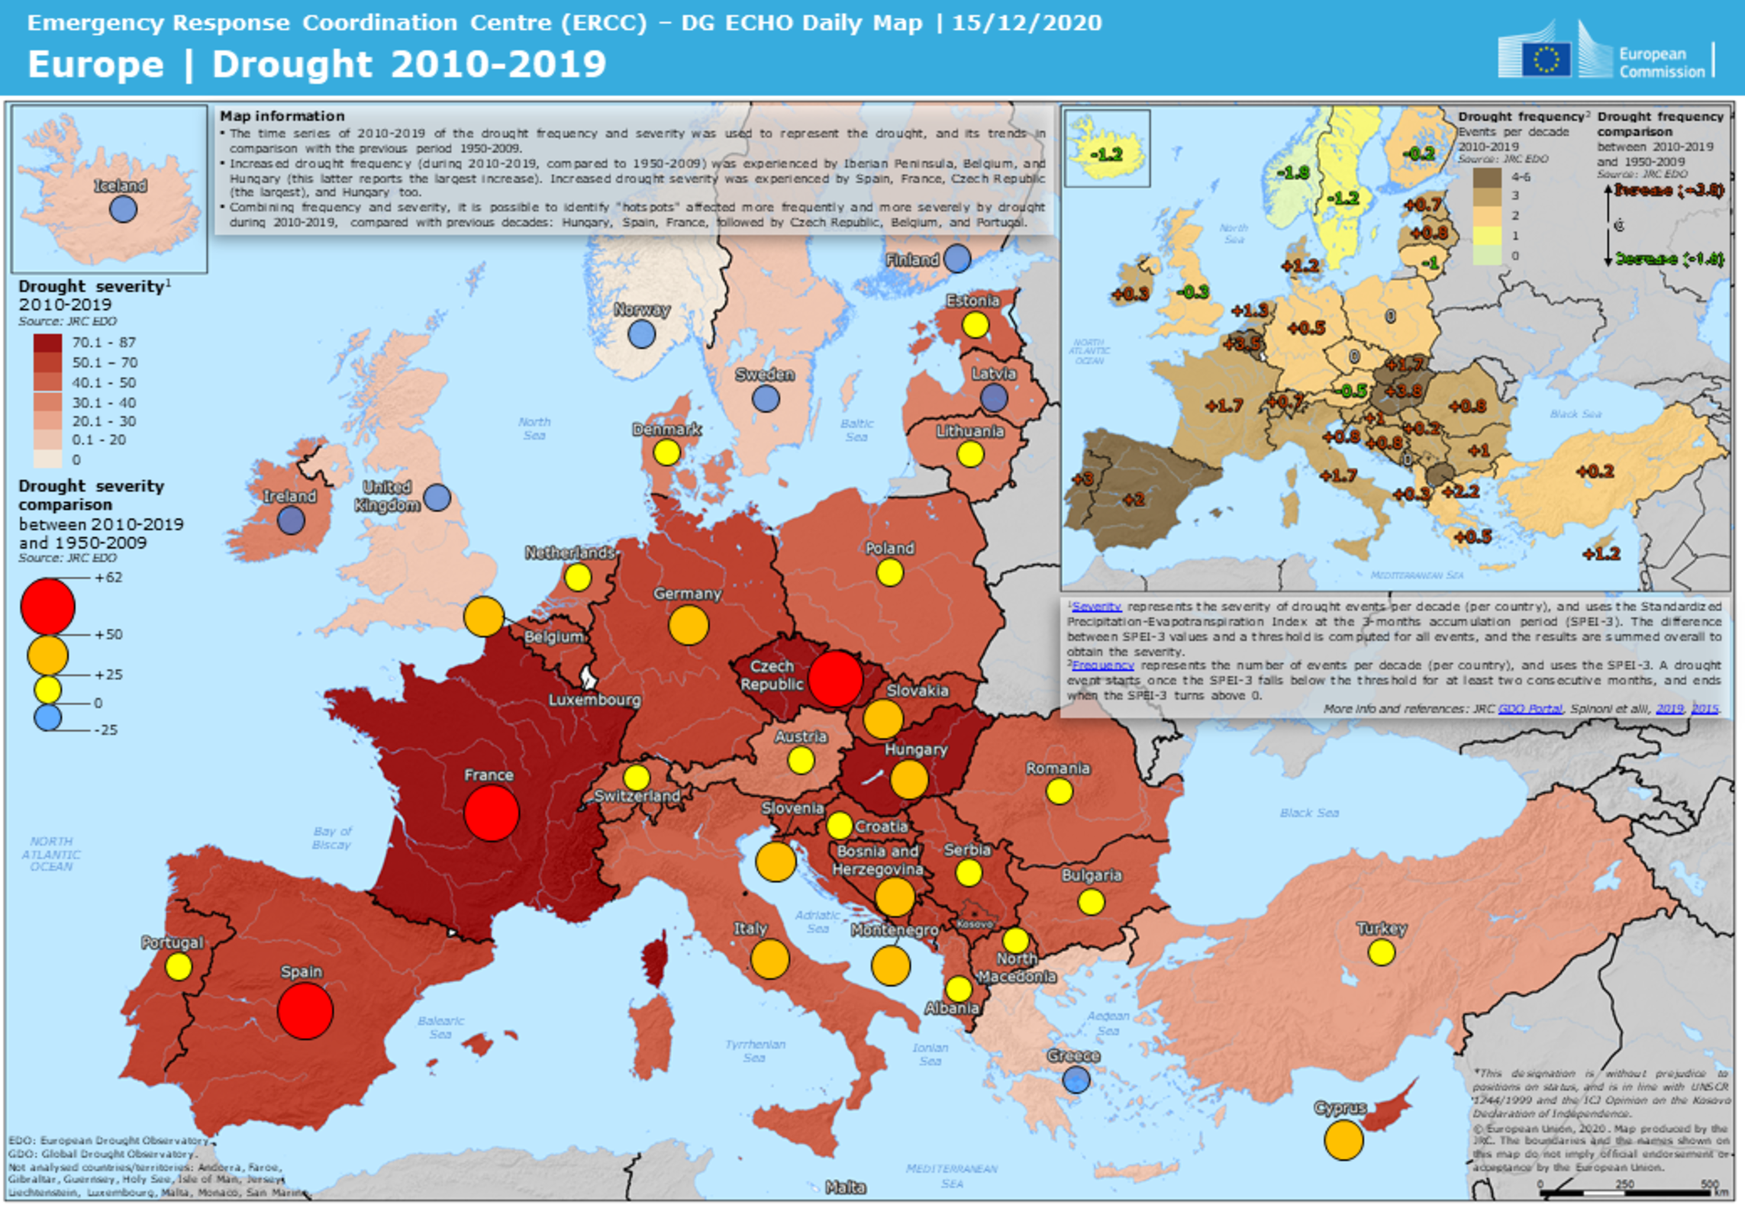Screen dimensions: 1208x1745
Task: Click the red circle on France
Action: pyautogui.click(x=491, y=813)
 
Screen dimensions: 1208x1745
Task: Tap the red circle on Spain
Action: pyautogui.click(x=305, y=1011)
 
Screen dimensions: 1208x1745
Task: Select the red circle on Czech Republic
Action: pyautogui.click(x=835, y=678)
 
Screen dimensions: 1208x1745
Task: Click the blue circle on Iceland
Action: pyautogui.click(x=123, y=209)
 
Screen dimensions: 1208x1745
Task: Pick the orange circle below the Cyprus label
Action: pyautogui.click(x=1343, y=1140)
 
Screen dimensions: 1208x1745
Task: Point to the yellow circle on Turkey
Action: pyautogui.click(x=1381, y=952)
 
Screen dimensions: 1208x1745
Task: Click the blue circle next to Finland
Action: pyautogui.click(x=957, y=259)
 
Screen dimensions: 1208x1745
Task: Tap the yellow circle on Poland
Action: pyautogui.click(x=889, y=572)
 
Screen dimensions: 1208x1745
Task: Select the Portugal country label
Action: pyautogui.click(x=173, y=942)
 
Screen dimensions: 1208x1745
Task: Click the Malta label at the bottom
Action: pyautogui.click(x=845, y=1187)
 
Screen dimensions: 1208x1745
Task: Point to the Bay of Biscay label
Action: pyautogui.click(x=332, y=838)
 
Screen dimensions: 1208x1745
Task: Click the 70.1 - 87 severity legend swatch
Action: pyautogui.click(x=47, y=343)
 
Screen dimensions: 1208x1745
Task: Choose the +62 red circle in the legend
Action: pyautogui.click(x=47, y=607)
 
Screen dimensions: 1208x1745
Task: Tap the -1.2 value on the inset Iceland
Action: pyautogui.click(x=1105, y=155)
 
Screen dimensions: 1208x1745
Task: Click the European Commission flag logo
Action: pyautogui.click(x=1546, y=59)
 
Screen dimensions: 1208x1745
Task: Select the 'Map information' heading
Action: pyautogui.click(x=282, y=116)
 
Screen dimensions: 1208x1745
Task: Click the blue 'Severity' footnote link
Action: pyautogui.click(x=1096, y=607)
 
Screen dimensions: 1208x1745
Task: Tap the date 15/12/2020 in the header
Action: pyautogui.click(x=1027, y=23)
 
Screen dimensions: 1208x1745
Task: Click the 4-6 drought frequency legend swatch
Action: pyautogui.click(x=1486, y=177)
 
